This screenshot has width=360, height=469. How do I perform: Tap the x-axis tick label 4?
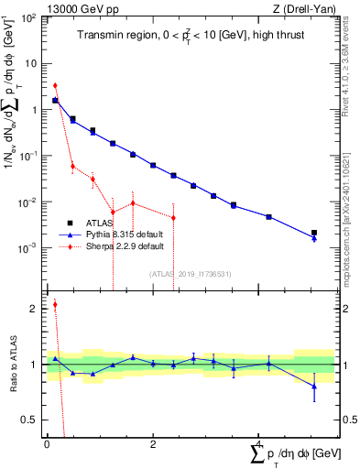tap(259, 444)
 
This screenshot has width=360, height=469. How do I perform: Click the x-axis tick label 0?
tap(46, 444)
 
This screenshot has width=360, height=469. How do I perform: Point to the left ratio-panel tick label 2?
tap(34, 309)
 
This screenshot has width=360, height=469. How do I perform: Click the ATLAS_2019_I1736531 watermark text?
tap(190, 273)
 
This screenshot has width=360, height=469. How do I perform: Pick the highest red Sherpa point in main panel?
tap(55, 85)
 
